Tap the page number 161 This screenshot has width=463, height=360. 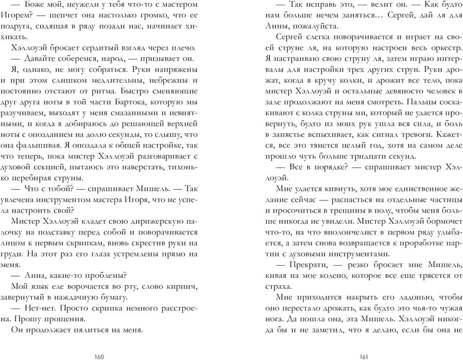363,355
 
